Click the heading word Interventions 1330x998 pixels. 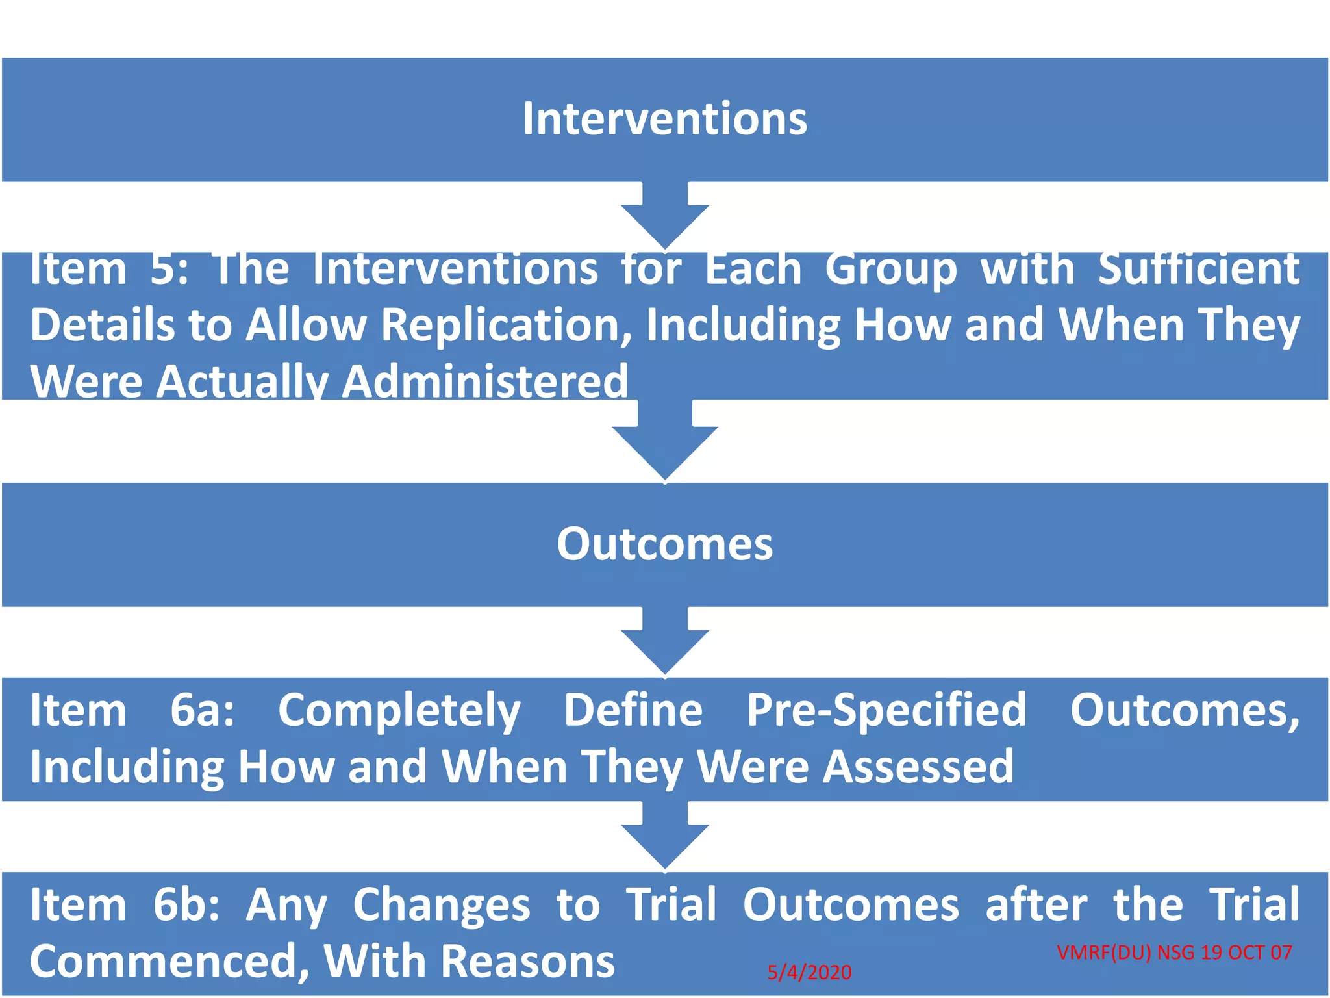coord(664,120)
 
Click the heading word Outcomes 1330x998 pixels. coord(664,544)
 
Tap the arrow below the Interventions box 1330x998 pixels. coord(664,218)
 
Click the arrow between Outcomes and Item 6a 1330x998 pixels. coord(664,643)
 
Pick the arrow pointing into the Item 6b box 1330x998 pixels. coord(664,838)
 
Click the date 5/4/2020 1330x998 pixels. coord(809,973)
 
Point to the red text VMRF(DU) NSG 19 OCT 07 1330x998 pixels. coord(1174,953)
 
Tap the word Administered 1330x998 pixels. coord(484,381)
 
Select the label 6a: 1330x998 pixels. coord(202,710)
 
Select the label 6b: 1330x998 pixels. coord(186,905)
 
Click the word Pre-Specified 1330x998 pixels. coord(886,710)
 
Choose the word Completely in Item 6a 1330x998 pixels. coord(399,710)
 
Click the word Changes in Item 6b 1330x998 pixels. coord(441,905)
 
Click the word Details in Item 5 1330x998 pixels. coord(103,325)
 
